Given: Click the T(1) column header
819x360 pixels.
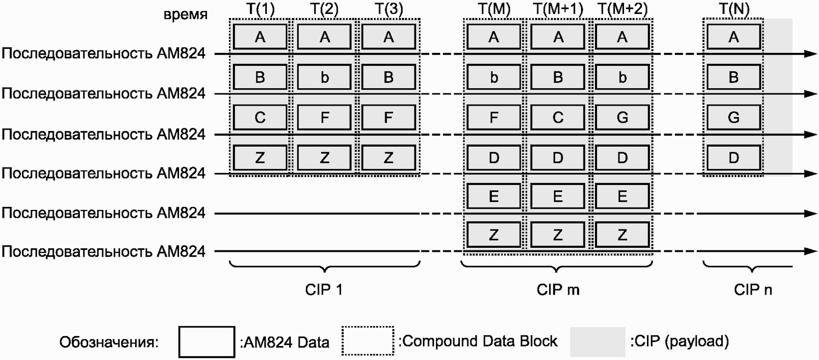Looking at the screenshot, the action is [x=260, y=9].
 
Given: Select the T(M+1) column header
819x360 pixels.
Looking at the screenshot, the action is [x=558, y=9].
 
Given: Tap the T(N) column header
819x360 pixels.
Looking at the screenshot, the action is [x=734, y=9].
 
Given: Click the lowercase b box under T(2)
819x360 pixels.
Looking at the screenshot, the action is [x=324, y=77].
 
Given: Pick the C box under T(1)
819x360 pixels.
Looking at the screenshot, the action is [x=260, y=117].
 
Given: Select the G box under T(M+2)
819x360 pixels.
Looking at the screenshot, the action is [x=622, y=117].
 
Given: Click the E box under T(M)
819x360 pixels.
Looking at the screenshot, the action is [x=494, y=196].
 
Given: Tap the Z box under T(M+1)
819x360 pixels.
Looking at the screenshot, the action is [x=558, y=235].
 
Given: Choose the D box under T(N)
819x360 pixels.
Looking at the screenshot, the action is [x=734, y=158].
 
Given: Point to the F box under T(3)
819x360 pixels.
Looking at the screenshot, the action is [x=388, y=117].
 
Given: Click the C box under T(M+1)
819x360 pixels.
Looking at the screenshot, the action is [x=558, y=117].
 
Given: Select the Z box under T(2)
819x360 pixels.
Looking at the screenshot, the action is [x=324, y=158].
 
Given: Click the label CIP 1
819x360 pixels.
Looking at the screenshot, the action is [x=324, y=290].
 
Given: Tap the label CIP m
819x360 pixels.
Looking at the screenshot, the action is [x=558, y=290].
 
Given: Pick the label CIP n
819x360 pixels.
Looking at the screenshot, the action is [x=753, y=290].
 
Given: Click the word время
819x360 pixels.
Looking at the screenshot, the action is [x=186, y=14].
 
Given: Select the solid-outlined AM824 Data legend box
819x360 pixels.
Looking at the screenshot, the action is [x=206, y=342].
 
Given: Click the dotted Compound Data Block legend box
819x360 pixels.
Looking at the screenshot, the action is [x=368, y=341].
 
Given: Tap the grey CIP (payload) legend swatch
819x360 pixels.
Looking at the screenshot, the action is [x=598, y=342].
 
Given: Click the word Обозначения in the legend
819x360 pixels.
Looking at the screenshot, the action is [x=109, y=343].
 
